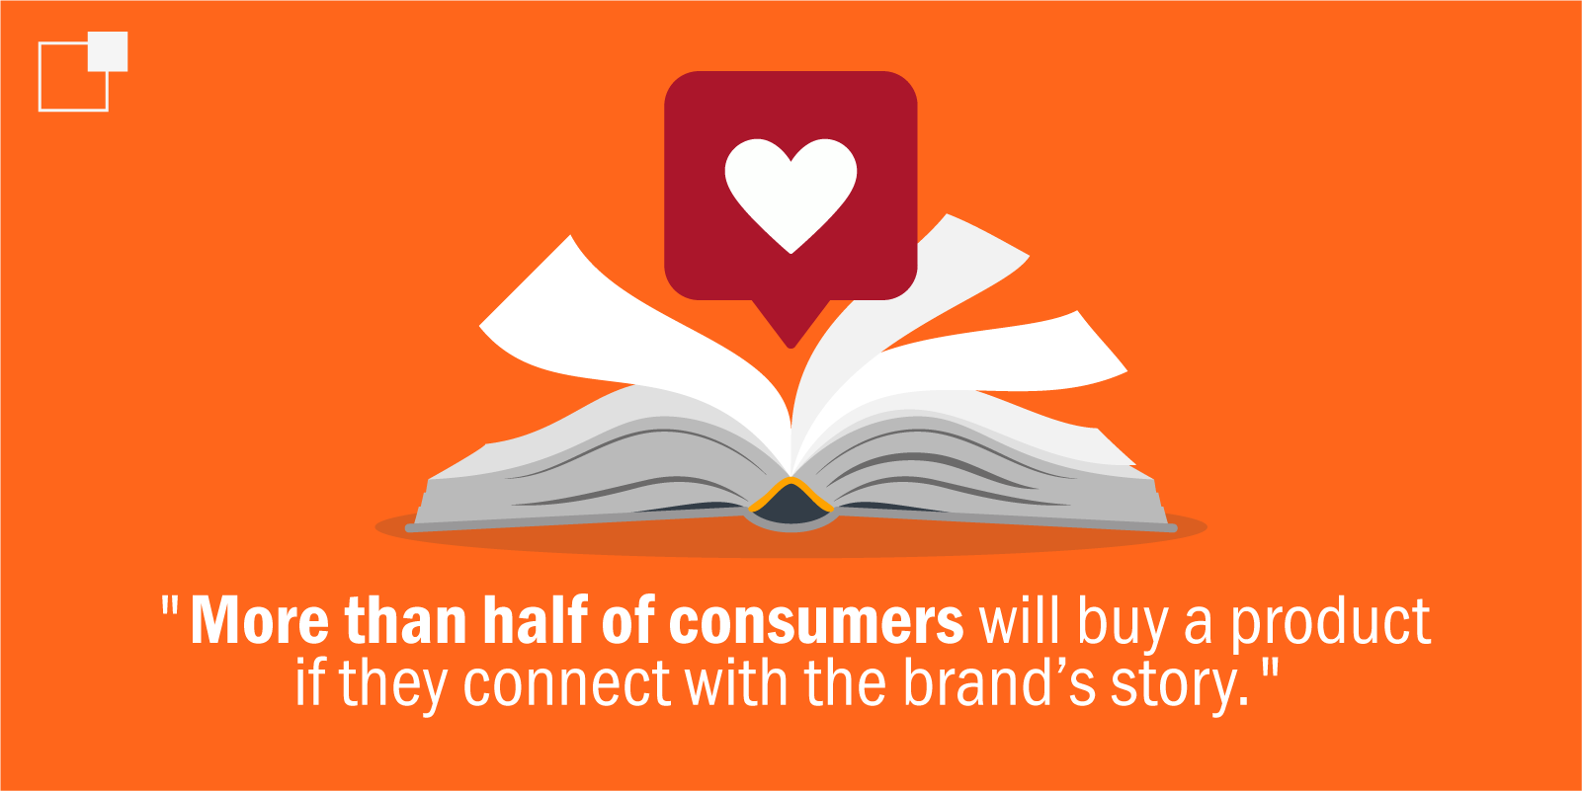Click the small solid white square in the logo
tap(108, 51)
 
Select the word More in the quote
tap(259, 621)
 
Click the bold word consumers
tap(816, 622)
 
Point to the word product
tap(1331, 624)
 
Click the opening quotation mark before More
tap(170, 604)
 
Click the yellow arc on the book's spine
tap(791, 492)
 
